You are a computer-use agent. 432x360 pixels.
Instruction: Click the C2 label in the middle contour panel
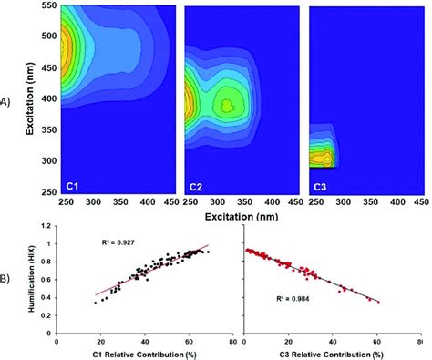tap(195, 186)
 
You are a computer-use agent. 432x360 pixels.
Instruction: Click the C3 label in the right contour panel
tap(320, 186)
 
